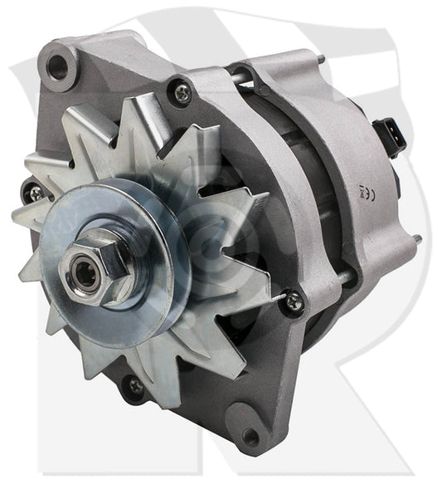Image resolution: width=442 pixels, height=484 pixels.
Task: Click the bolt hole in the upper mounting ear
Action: point(57,66)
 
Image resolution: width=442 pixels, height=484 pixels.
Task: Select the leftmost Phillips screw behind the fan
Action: point(36,193)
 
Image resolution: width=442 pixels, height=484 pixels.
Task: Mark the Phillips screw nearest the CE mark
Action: point(294,302)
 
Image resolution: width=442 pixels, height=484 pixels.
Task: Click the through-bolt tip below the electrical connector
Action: point(415,240)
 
